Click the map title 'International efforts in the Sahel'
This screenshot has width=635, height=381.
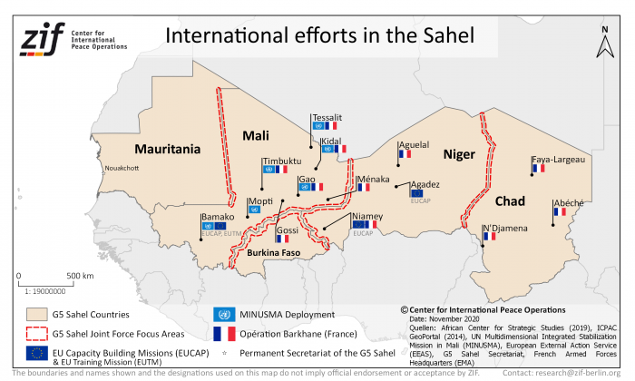pyautogui.click(x=318, y=35)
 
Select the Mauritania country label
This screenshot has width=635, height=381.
pyautogui.click(x=168, y=148)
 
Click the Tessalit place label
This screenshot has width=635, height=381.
pyautogui.click(x=327, y=118)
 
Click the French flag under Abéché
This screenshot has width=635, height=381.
pyautogui.click(x=559, y=212)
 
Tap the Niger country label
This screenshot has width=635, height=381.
pyautogui.click(x=458, y=154)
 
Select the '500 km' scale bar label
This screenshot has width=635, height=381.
pyautogui.click(x=81, y=275)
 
